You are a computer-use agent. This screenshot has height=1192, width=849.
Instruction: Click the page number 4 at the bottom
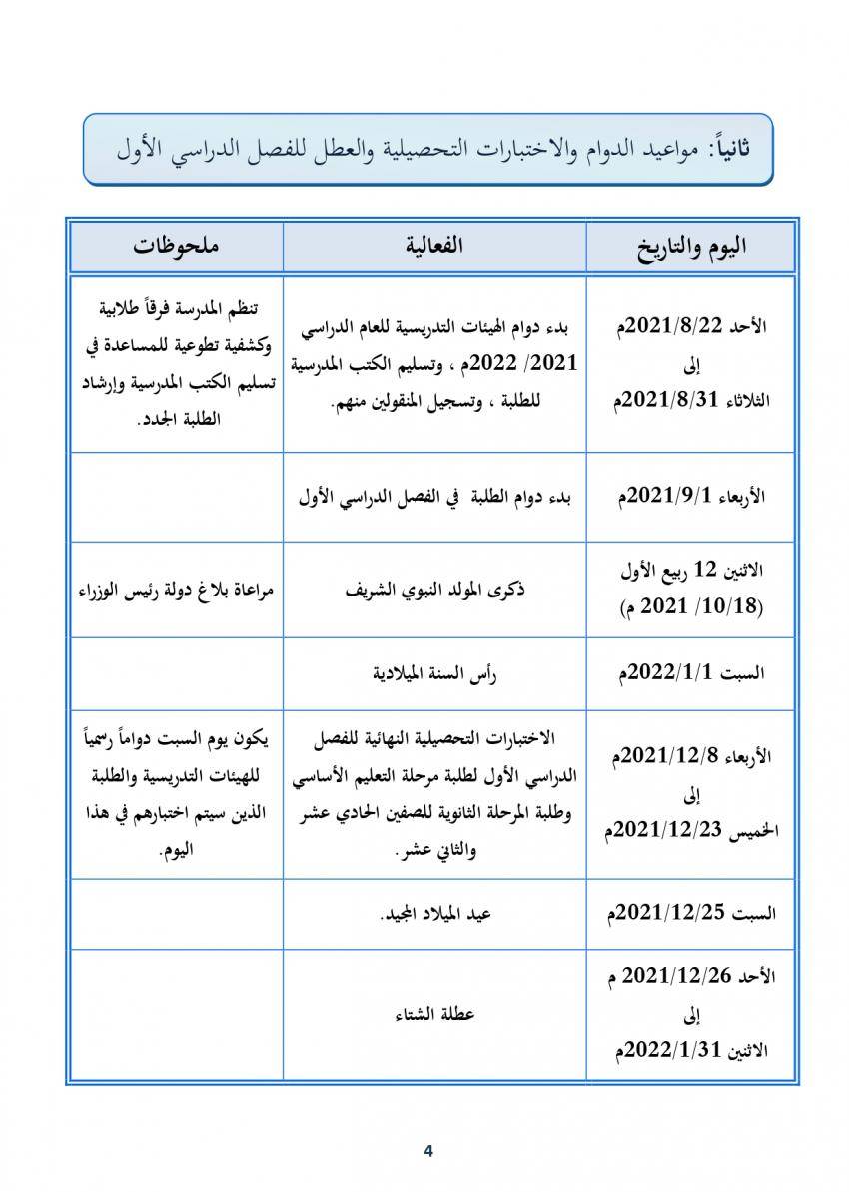(x=428, y=1150)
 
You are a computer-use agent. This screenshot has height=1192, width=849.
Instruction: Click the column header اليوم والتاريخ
(x=690, y=246)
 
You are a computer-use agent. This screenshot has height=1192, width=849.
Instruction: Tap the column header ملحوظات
(x=176, y=246)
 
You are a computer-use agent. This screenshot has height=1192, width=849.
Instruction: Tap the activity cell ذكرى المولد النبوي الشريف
(x=434, y=589)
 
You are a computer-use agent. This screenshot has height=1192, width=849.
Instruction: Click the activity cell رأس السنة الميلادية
(x=434, y=672)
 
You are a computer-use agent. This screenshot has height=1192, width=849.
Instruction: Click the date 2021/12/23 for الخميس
(x=661, y=831)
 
